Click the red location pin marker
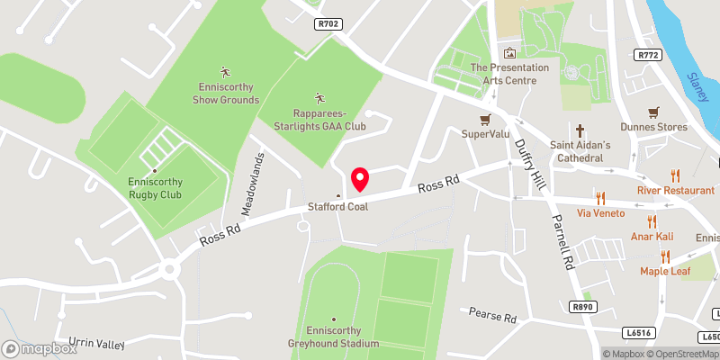pyautogui.click(x=360, y=179)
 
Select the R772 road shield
pyautogui.click(x=647, y=56)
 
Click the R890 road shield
pyautogui.click(x=583, y=307)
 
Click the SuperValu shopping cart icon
pyautogui.click(x=485, y=118)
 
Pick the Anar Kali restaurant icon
pyautogui.click(x=652, y=222)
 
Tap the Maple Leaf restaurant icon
pyautogui.click(x=665, y=256)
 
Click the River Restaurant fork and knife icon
pyautogui.click(x=674, y=175)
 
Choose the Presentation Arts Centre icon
pyautogui.click(x=510, y=54)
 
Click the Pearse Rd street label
pyautogui.click(x=492, y=316)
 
